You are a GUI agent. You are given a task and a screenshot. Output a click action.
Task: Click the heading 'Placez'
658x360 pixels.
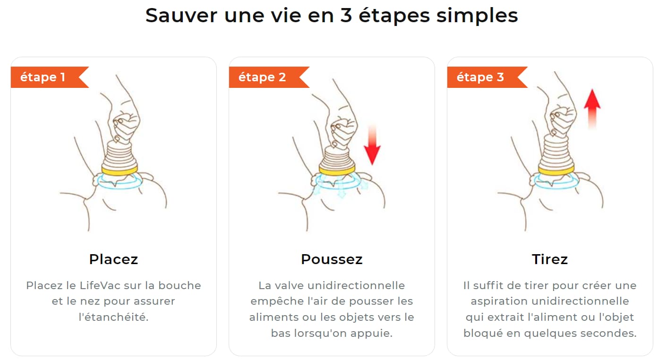point(113,259)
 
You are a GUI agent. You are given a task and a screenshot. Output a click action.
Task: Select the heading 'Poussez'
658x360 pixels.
point(332,259)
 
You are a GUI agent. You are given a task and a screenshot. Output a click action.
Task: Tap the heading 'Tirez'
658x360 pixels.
point(550,259)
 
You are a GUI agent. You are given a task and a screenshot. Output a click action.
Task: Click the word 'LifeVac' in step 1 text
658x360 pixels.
point(100,285)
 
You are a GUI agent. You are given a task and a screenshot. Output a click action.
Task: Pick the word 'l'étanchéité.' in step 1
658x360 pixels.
point(113,317)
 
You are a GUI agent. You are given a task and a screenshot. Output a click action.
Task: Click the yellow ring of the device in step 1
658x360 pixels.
point(120,169)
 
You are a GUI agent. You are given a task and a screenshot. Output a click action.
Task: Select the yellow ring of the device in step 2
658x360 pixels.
point(337,169)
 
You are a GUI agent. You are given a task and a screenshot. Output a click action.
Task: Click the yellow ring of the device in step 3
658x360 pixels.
point(557,169)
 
